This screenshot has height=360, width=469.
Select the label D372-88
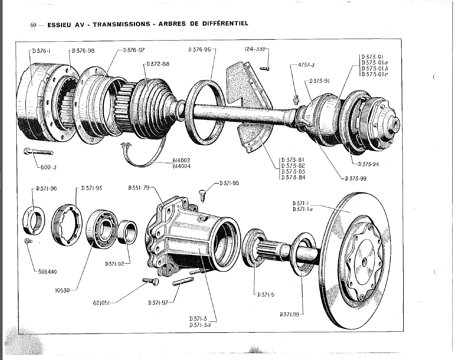(x=158, y=64)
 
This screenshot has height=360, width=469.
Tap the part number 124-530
(x=255, y=49)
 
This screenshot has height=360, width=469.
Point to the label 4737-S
(x=306, y=65)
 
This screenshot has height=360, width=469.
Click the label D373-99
(x=356, y=178)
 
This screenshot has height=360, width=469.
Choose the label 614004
(x=181, y=166)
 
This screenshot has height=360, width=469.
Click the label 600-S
(x=49, y=167)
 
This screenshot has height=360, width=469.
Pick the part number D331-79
(x=138, y=188)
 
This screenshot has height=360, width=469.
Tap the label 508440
(x=48, y=271)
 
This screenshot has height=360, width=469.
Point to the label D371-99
(x=289, y=314)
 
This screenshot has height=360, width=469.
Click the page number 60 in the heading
(x=33, y=25)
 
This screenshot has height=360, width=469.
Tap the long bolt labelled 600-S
(x=38, y=152)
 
